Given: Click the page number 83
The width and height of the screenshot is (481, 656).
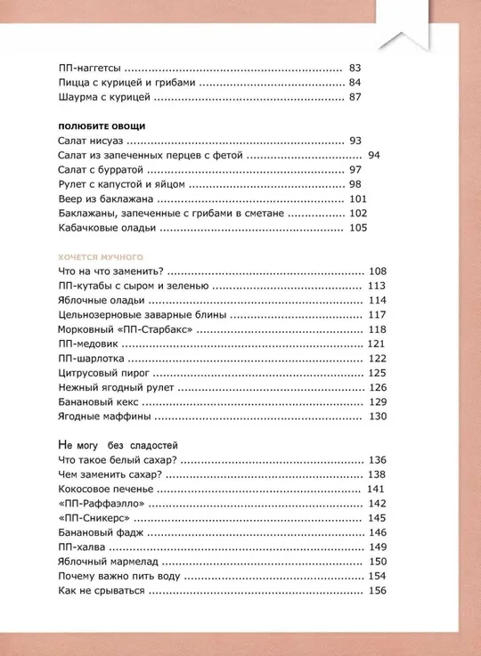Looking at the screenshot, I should tap(356, 68).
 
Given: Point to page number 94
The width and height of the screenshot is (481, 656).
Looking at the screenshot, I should tap(374, 155).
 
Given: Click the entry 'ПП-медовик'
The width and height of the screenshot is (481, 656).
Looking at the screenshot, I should tap(86, 344).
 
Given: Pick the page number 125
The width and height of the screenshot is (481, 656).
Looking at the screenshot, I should tap(377, 373).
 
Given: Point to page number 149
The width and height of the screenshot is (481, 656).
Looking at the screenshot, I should tap(377, 547).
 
